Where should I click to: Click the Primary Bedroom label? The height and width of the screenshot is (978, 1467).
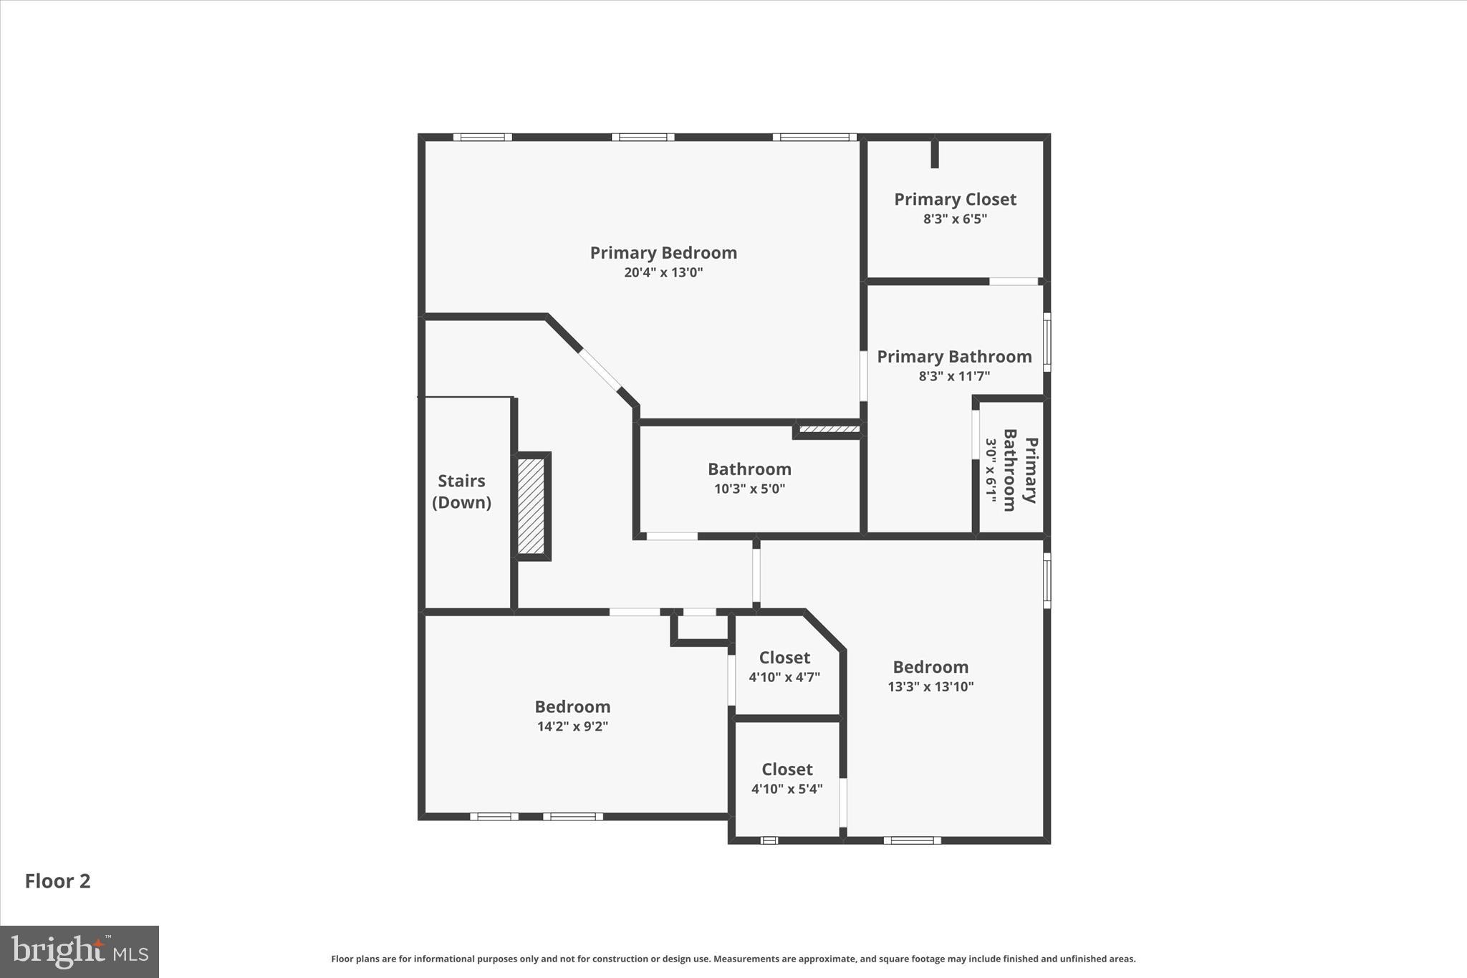(x=663, y=253)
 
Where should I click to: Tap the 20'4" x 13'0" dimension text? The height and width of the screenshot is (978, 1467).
(x=663, y=272)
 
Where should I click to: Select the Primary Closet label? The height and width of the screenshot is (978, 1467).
(x=955, y=199)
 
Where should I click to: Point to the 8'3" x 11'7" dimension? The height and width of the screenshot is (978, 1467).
(x=954, y=376)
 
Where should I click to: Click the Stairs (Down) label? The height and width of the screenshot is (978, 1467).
(x=461, y=492)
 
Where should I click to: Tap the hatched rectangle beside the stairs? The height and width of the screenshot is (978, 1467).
(x=532, y=506)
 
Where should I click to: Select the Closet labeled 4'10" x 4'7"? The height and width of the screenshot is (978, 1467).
(x=784, y=666)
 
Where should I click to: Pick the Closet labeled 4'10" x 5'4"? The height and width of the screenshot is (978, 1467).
(x=787, y=778)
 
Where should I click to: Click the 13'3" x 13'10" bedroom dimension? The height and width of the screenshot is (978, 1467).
(x=930, y=686)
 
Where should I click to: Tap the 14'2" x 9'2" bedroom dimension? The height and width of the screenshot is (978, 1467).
(x=572, y=727)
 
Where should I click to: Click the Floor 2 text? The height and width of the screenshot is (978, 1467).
(x=58, y=881)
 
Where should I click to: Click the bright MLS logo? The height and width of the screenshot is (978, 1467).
(x=80, y=951)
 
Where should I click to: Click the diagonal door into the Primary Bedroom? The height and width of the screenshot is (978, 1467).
(x=600, y=370)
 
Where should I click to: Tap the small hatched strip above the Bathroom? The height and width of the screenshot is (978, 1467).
(x=829, y=430)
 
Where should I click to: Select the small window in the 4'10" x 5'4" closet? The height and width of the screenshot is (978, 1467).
(x=769, y=840)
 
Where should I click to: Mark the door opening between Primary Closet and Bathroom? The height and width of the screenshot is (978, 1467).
(x=1014, y=282)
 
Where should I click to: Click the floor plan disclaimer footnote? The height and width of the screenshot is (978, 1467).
(x=733, y=959)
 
